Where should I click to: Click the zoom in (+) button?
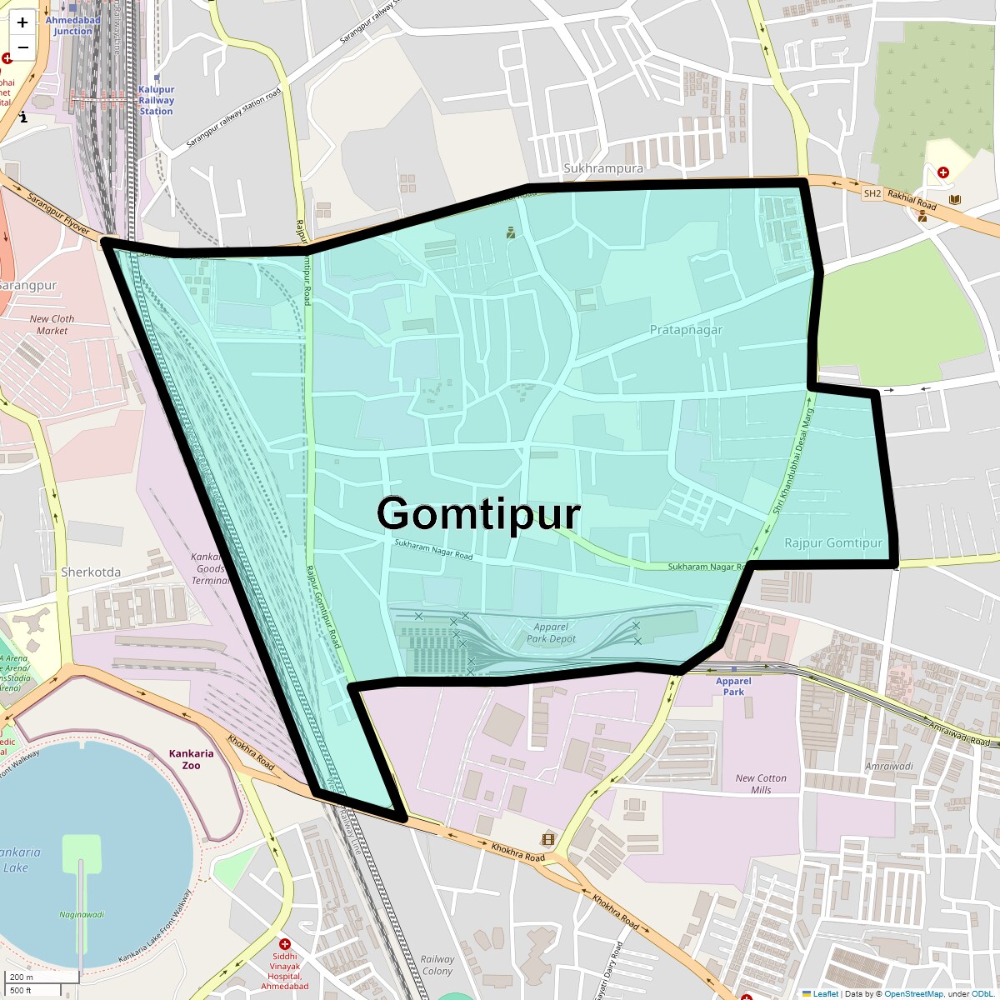tap(22, 22)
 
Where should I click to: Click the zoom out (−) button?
tap(22, 47)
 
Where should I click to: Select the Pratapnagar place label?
tap(686, 330)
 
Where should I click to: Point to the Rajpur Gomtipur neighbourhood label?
tap(832, 543)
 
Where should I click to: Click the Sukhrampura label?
tap(603, 168)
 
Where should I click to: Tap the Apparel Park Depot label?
tap(551, 633)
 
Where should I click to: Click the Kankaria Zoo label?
tap(191, 759)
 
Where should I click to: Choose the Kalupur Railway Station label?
tap(156, 100)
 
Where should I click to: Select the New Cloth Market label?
tap(52, 325)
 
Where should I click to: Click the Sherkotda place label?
tap(91, 572)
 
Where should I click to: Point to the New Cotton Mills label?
tap(760, 784)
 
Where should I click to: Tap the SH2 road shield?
tap(872, 193)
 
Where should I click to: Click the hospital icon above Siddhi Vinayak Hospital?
tap(285, 944)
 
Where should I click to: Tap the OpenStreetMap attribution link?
tap(913, 993)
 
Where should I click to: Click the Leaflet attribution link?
tap(825, 993)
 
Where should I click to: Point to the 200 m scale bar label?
tap(22, 977)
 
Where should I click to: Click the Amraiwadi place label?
tap(889, 766)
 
